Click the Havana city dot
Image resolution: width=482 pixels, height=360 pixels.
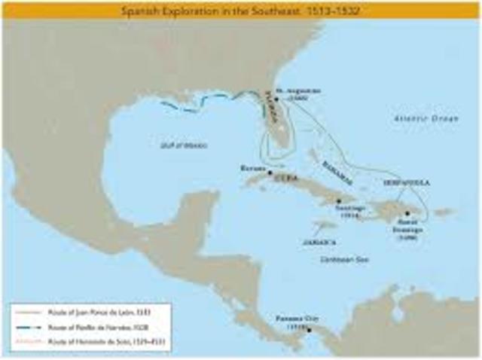click(270, 172)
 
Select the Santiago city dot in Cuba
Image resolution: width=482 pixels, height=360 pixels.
click(340, 200)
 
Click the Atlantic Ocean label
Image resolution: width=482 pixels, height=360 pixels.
click(426, 118)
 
